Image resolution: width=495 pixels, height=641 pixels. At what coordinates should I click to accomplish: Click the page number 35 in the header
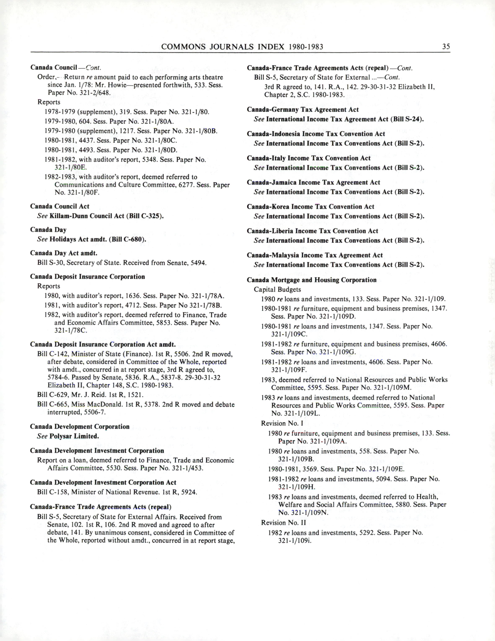tap(446, 47)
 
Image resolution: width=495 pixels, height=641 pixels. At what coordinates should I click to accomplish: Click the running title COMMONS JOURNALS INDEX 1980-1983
tap(242, 47)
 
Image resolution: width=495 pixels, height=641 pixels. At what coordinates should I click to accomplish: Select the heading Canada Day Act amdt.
tap(64, 253)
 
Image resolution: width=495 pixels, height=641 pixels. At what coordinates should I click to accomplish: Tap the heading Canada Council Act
tap(60, 206)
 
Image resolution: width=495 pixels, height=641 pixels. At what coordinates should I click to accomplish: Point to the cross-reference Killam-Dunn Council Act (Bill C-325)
tap(106, 216)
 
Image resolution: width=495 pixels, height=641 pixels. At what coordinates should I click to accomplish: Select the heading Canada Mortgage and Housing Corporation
tap(311, 280)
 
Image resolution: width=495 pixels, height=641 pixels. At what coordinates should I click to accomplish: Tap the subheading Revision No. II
tap(284, 523)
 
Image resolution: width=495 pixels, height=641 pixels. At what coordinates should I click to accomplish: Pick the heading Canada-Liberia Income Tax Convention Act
tap(312, 231)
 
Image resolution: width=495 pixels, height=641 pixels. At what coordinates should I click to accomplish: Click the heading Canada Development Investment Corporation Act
tap(103, 483)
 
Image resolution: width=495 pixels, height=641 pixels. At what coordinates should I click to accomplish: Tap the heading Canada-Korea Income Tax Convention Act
tap(310, 207)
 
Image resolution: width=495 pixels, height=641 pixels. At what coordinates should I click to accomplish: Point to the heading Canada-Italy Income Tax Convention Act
tap(308, 158)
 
